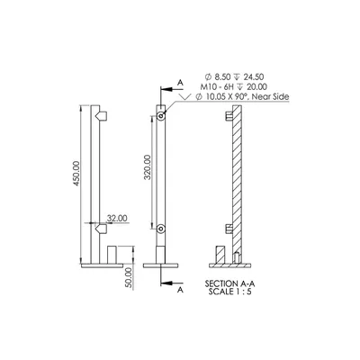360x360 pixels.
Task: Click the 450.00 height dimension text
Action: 76,174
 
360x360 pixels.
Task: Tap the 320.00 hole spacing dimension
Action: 148,167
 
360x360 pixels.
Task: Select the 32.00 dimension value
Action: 117,218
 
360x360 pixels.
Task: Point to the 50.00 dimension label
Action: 129,278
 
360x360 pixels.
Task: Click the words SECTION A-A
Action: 230,283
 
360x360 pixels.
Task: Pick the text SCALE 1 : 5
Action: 230,292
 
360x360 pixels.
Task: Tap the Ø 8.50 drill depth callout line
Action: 234,77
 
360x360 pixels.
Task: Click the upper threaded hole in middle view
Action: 161,116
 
